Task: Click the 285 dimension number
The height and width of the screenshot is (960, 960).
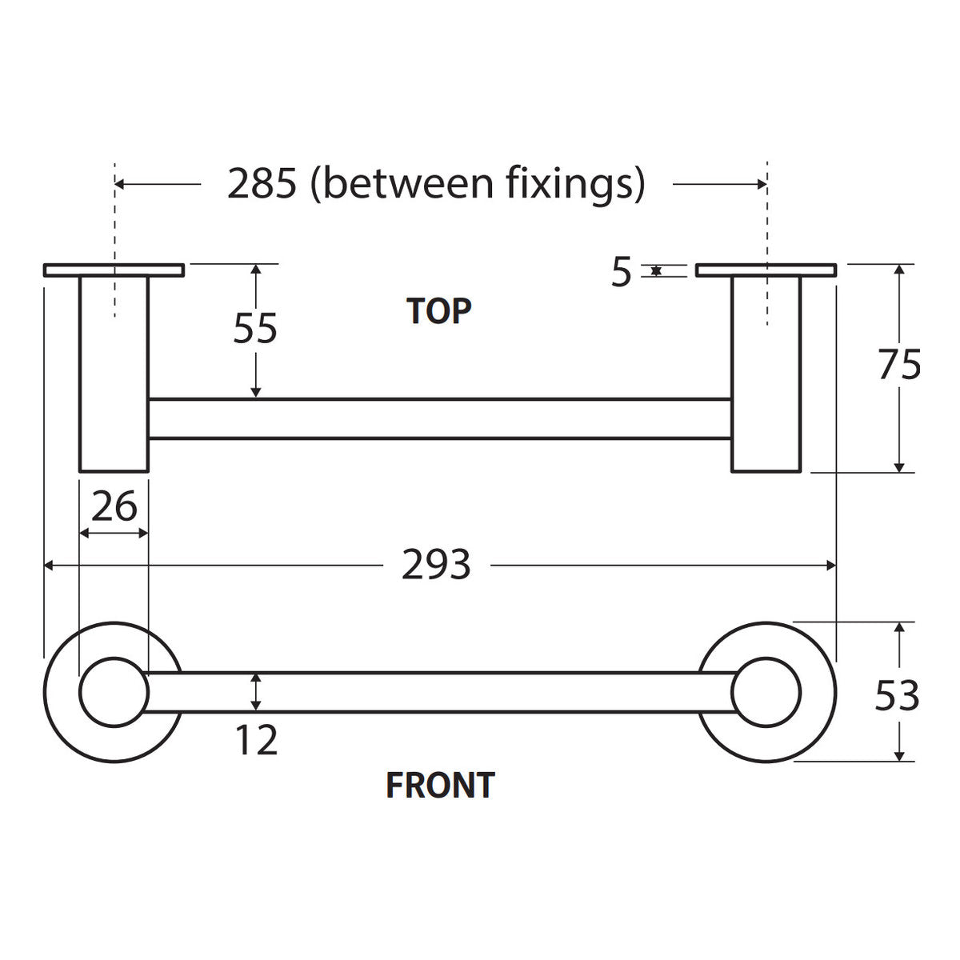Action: coord(262,183)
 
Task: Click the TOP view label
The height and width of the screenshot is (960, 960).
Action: coord(438,311)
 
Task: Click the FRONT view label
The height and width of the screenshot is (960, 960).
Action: coord(440,785)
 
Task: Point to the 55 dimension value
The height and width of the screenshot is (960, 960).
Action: coord(255,328)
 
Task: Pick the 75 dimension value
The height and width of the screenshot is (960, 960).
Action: coord(899,365)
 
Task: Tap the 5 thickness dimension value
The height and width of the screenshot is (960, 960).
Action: coord(622,272)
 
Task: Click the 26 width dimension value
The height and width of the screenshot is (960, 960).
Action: coord(114,506)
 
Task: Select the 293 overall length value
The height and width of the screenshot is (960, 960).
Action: coord(436,565)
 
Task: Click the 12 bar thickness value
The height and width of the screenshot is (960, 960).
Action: coord(256,740)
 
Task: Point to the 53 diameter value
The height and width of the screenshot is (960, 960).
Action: coord(897,696)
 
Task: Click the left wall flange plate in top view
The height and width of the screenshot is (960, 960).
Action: coord(114,270)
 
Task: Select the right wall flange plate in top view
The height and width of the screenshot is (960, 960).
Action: coord(766,270)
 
